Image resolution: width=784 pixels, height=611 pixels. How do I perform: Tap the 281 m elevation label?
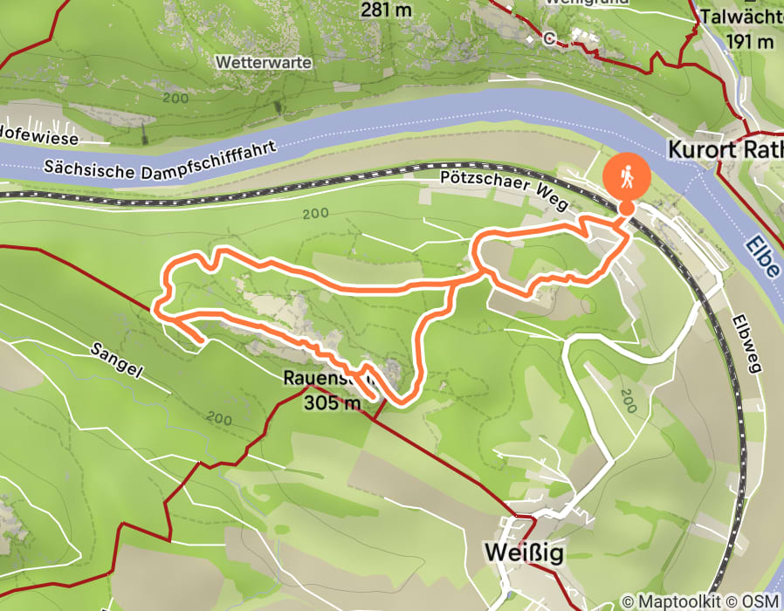pos(387,10)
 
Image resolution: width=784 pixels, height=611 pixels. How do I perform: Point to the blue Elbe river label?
pos(762,253)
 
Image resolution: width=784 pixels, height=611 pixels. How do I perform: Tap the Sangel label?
pos(116,358)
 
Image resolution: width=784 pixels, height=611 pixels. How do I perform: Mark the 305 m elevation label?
pos(332,403)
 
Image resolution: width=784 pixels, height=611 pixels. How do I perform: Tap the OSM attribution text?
pos(761,601)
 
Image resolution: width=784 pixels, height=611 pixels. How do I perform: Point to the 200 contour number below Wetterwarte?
pos(175,99)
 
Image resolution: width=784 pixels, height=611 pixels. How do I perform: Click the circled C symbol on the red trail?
pos(549,38)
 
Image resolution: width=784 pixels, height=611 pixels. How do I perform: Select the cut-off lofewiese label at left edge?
pos(39,139)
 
